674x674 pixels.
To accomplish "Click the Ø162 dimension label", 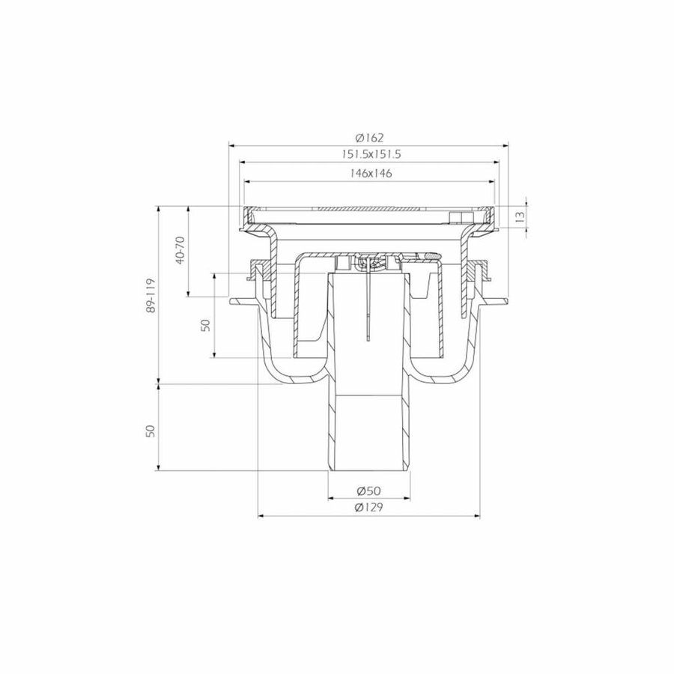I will click(370, 138).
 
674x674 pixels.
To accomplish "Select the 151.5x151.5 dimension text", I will click(370, 155).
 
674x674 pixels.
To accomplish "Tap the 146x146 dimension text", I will click(370, 173).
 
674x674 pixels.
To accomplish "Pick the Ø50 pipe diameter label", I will click(370, 491).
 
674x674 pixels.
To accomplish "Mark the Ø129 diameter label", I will click(370, 508).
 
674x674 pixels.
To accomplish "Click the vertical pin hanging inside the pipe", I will click(368, 315).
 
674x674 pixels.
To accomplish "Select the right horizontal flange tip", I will click(506, 303).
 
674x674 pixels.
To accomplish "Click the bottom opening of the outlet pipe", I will click(369, 472).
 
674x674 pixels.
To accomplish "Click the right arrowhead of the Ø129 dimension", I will click(479, 515).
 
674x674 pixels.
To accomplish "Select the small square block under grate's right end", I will click(455, 219).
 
